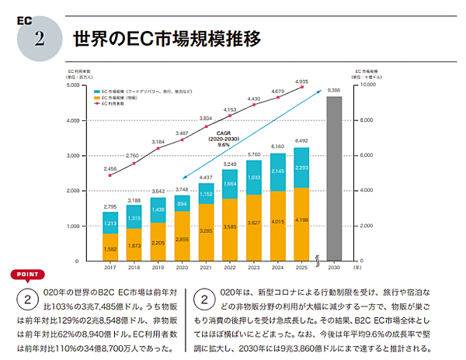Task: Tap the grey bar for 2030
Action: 334,178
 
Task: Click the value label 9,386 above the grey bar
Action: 334,91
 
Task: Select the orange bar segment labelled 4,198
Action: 301,226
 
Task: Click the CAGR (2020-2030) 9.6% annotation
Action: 223,140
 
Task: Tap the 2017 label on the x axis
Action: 110,267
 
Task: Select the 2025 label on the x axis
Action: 301,267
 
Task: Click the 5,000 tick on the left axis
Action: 86,85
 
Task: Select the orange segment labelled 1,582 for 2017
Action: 110,248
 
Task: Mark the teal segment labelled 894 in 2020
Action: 183,203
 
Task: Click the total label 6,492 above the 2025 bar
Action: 301,141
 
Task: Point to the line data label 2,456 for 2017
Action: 110,168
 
